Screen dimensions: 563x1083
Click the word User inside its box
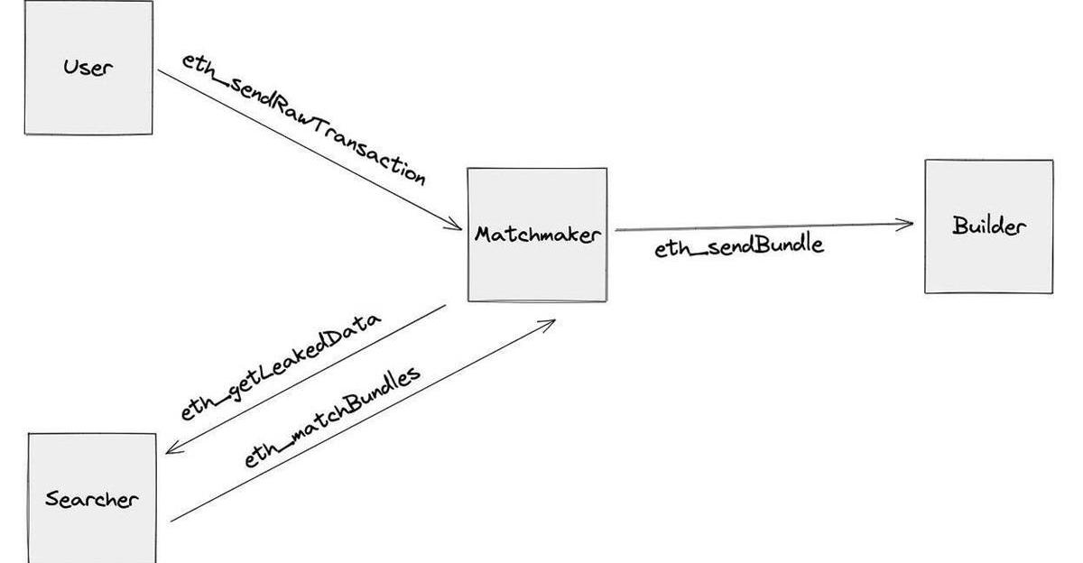click(x=88, y=67)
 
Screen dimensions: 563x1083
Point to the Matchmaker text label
click(x=537, y=235)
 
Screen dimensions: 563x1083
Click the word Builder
click(x=988, y=226)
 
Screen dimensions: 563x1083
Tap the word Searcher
click(x=92, y=498)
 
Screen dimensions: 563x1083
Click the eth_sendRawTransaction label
click(x=302, y=117)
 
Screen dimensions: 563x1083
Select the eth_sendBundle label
click(x=738, y=246)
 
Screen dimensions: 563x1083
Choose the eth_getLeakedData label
click(x=280, y=366)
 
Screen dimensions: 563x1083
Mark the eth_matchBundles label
click(x=332, y=417)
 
